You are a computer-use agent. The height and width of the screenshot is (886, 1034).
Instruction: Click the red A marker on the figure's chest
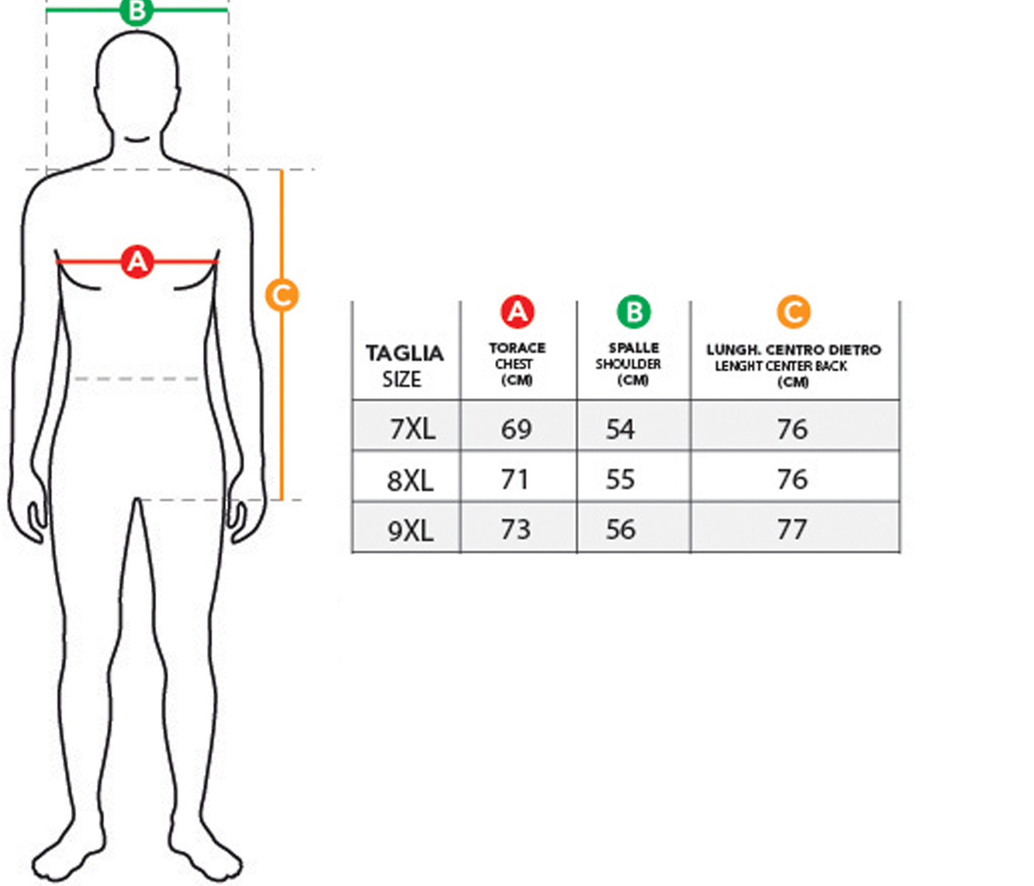pyautogui.click(x=137, y=261)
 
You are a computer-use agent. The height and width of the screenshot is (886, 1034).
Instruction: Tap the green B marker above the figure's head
pyautogui.click(x=137, y=11)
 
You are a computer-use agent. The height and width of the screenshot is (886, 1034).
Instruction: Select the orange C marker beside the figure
pyautogui.click(x=282, y=295)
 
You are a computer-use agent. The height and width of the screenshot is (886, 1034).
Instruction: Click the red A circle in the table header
pyautogui.click(x=517, y=312)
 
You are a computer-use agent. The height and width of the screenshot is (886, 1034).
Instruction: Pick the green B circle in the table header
pyautogui.click(x=634, y=312)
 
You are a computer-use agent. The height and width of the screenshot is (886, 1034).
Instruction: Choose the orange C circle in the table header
pyautogui.click(x=793, y=312)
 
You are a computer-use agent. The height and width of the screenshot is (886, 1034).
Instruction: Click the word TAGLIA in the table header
pyautogui.click(x=405, y=354)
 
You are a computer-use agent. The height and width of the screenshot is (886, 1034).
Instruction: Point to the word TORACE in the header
pyautogui.click(x=517, y=348)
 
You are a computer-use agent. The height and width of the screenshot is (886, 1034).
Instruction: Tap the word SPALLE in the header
pyautogui.click(x=634, y=348)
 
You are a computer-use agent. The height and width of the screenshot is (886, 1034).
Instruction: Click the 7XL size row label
pyautogui.click(x=413, y=429)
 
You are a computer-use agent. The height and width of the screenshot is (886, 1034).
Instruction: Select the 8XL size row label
pyautogui.click(x=410, y=481)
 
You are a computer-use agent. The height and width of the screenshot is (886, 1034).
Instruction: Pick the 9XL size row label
pyautogui.click(x=411, y=530)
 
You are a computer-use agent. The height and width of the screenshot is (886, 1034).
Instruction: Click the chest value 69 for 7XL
pyautogui.click(x=517, y=429)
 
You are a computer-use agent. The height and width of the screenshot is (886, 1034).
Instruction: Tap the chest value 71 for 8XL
pyautogui.click(x=515, y=479)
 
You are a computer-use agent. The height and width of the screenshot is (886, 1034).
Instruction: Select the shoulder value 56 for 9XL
pyautogui.click(x=621, y=529)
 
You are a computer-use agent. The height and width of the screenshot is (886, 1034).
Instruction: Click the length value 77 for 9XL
pyautogui.click(x=793, y=529)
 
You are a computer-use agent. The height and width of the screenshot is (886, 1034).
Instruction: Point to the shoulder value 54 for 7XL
pyautogui.click(x=621, y=429)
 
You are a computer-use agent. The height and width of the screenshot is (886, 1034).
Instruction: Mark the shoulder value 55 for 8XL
pyautogui.click(x=621, y=479)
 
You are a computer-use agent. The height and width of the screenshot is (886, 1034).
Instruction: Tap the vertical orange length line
pyautogui.click(x=282, y=399)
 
